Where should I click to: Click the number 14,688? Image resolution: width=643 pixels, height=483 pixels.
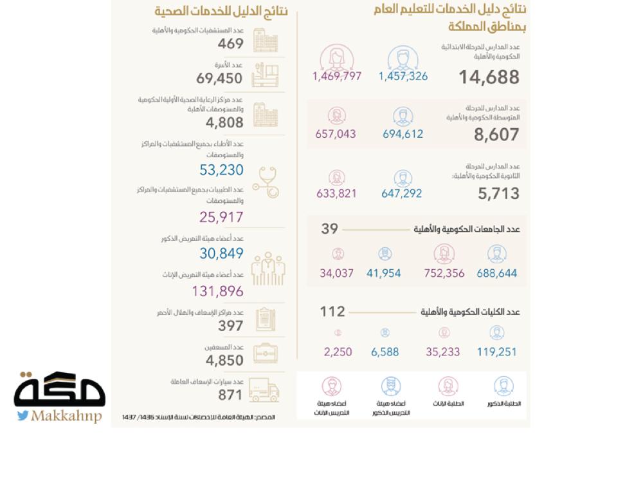[x=489, y=77]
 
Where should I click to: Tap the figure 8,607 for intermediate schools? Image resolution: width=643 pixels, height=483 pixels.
[x=496, y=135]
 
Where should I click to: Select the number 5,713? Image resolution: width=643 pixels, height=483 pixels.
[x=498, y=193]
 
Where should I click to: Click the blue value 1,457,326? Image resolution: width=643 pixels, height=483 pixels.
[x=403, y=76]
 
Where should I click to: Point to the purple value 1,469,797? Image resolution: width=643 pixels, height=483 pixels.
[x=337, y=76]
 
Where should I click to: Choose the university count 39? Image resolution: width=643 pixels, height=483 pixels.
[x=329, y=229]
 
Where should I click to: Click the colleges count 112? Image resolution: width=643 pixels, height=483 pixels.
[x=332, y=312]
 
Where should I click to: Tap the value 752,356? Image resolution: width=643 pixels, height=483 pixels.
[x=444, y=273]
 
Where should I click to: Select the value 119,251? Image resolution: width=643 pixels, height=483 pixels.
[x=496, y=352]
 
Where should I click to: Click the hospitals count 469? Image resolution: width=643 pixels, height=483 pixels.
[x=230, y=44]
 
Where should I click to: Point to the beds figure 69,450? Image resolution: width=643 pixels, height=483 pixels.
[x=219, y=79]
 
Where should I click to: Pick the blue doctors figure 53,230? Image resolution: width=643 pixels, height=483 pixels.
[x=221, y=170]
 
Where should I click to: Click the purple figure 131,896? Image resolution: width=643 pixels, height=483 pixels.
[x=217, y=291]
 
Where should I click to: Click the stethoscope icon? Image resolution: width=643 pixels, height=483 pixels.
[x=265, y=182]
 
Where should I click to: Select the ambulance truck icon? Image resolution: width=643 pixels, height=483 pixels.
[x=264, y=390]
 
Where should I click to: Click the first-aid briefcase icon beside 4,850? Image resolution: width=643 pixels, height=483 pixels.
[x=265, y=354]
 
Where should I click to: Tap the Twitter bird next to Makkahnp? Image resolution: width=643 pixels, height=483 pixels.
[x=23, y=415]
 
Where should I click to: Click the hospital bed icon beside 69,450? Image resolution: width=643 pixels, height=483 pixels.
[x=265, y=74]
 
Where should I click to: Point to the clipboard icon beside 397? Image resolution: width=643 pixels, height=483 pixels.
[x=265, y=319]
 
